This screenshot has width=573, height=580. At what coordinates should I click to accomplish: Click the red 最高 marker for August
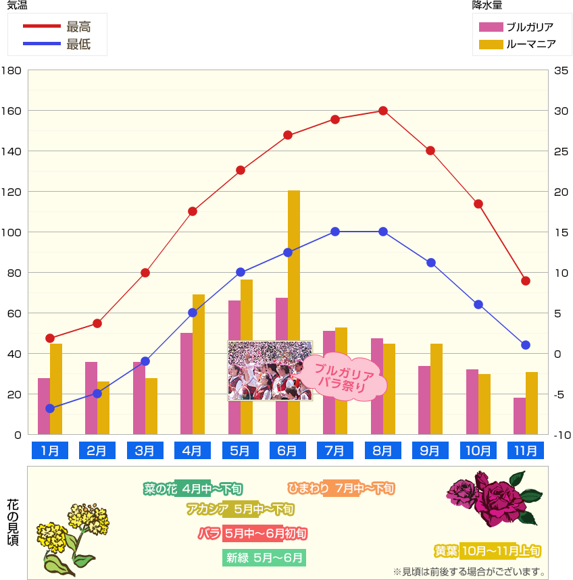click(382, 111)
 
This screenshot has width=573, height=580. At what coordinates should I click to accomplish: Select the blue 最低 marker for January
click(50, 408)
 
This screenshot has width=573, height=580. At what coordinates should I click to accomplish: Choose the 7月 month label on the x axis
click(335, 450)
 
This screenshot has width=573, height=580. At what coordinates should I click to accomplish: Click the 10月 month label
click(478, 450)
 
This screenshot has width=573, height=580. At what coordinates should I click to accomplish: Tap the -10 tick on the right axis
click(562, 435)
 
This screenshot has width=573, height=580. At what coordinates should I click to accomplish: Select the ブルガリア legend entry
click(517, 28)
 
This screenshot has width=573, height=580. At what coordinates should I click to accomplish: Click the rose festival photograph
click(269, 371)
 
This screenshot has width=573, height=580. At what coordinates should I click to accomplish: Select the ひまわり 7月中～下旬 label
click(341, 487)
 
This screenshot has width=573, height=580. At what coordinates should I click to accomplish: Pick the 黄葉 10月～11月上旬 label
click(487, 551)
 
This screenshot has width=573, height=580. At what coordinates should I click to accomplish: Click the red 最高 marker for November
click(526, 281)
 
